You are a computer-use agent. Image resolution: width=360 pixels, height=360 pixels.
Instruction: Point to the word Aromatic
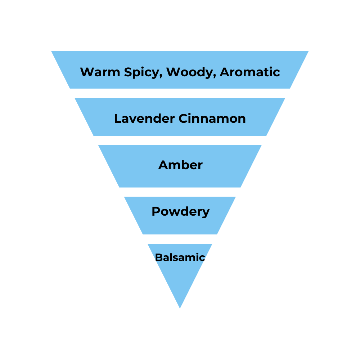point(250,72)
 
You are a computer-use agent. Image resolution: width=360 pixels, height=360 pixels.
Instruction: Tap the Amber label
point(180,165)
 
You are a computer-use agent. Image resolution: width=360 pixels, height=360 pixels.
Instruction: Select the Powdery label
point(180,212)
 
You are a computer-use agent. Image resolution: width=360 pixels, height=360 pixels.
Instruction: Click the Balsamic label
point(180,257)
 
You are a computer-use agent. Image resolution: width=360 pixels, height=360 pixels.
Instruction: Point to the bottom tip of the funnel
point(180,308)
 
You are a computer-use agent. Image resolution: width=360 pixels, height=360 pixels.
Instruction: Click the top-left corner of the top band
point(51,51)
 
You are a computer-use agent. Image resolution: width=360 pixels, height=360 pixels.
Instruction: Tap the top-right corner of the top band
point(309,51)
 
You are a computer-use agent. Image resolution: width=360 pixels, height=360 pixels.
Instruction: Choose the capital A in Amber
point(163,165)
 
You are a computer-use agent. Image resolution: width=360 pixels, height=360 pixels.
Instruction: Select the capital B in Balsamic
point(158,257)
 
